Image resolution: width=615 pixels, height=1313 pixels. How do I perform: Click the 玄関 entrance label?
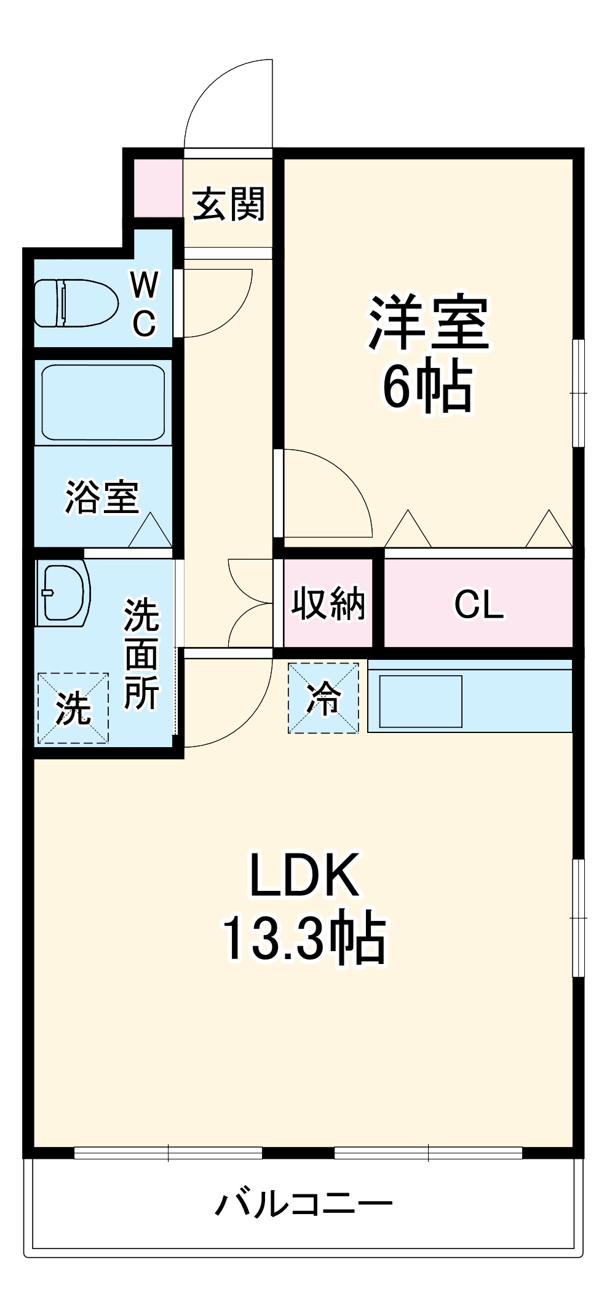[228, 204]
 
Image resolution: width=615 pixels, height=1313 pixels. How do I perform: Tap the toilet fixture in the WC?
[76, 303]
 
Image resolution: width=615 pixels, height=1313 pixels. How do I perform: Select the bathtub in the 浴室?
[103, 402]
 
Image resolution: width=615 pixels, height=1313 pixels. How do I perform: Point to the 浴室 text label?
[102, 496]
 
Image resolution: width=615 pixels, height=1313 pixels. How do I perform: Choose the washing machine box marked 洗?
[73, 708]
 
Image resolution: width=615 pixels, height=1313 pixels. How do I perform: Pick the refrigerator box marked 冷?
[323, 697]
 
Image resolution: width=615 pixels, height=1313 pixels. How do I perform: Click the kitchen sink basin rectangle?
[421, 701]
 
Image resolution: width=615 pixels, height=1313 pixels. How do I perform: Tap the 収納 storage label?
[328, 603]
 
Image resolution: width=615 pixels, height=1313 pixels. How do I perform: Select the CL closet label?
[478, 605]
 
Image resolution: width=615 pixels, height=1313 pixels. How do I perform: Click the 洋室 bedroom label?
[428, 323]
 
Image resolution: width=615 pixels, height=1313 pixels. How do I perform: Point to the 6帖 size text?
[428, 387]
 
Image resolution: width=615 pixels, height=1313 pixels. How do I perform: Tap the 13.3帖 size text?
[304, 938]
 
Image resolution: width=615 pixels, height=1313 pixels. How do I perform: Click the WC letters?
[145, 304]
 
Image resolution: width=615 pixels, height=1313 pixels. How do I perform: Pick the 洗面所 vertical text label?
[142, 654]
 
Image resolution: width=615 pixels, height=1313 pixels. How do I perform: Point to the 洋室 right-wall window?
[578, 393]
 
